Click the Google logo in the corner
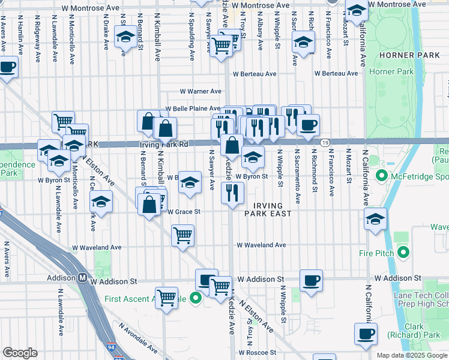click(20, 353)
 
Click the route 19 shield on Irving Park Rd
click(324, 142)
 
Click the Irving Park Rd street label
click(164, 145)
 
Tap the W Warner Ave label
click(201, 92)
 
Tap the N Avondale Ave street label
click(138, 338)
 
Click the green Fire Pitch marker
click(403, 253)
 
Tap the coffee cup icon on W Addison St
click(310, 280)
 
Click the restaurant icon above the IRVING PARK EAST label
click(231, 193)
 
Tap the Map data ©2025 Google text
click(411, 355)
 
